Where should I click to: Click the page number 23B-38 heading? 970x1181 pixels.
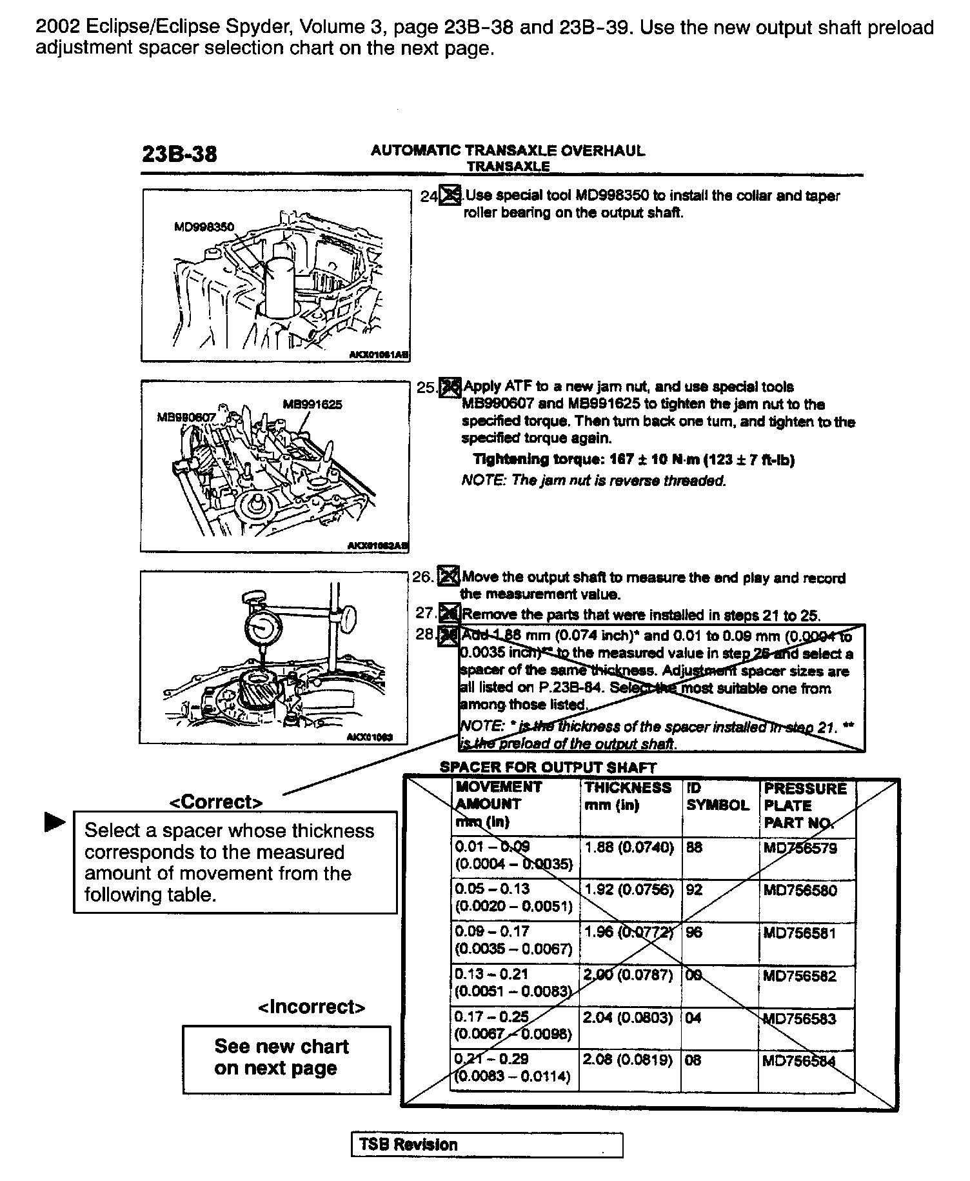click(x=179, y=154)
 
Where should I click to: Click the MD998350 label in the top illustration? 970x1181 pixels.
click(x=204, y=227)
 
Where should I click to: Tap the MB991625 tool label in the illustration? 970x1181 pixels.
click(x=312, y=405)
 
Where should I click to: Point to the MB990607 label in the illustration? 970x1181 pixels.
click(x=186, y=418)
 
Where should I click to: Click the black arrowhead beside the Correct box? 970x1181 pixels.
click(x=55, y=822)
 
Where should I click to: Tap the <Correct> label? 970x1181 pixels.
click(x=215, y=802)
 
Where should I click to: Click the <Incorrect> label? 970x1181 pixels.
click(x=311, y=1007)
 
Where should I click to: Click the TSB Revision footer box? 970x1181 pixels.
click(x=487, y=1145)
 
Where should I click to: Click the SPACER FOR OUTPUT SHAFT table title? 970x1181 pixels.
click(x=548, y=767)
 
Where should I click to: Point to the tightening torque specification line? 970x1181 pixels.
click(x=633, y=459)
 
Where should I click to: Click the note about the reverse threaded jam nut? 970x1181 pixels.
click(x=594, y=481)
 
